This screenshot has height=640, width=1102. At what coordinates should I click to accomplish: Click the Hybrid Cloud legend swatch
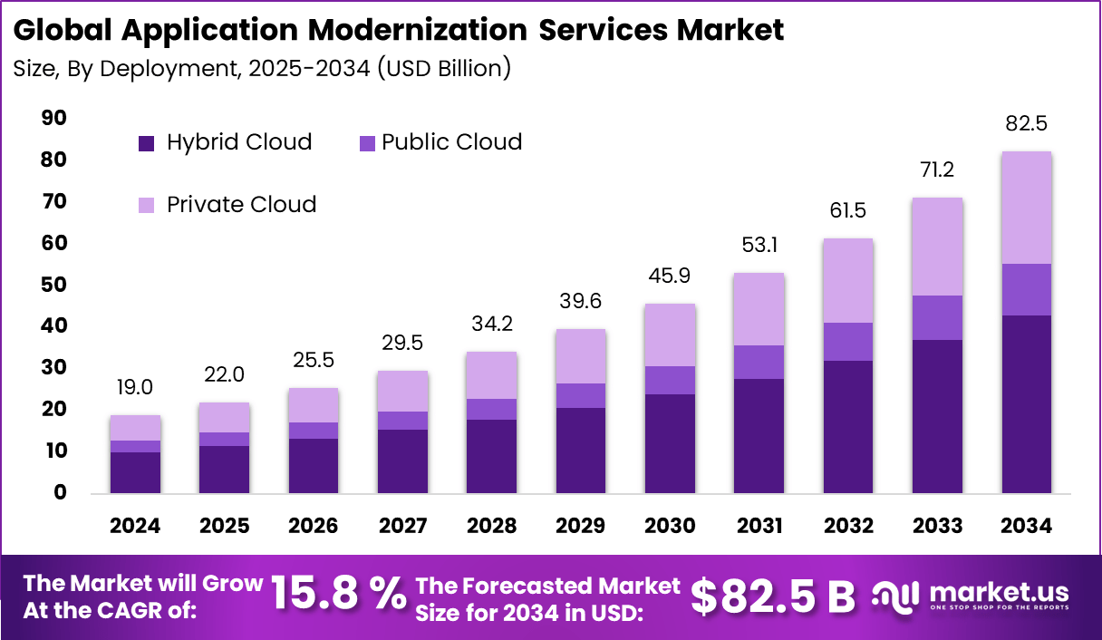148,143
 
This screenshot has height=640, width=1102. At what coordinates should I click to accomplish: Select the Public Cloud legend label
451,142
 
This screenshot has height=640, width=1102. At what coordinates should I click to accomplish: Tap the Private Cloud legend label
241,205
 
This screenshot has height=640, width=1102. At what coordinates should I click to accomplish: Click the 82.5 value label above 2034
1027,124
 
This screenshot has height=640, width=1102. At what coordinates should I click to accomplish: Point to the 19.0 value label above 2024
135,388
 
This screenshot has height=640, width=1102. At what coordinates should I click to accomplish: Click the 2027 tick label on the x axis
403,527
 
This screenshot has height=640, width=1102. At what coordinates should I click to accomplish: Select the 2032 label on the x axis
848,527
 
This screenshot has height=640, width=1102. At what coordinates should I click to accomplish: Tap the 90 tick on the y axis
53,119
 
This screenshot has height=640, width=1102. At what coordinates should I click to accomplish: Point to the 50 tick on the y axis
53,285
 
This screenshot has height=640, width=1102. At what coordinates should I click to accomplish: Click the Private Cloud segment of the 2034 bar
1027,208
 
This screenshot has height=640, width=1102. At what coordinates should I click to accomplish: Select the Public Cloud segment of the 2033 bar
937,317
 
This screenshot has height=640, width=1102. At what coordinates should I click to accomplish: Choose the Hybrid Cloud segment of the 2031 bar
759,435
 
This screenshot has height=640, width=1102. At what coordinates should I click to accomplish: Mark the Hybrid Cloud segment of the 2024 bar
135,472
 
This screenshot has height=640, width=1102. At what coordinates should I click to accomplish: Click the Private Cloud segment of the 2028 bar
492,375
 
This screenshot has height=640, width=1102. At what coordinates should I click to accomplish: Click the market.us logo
971,596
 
